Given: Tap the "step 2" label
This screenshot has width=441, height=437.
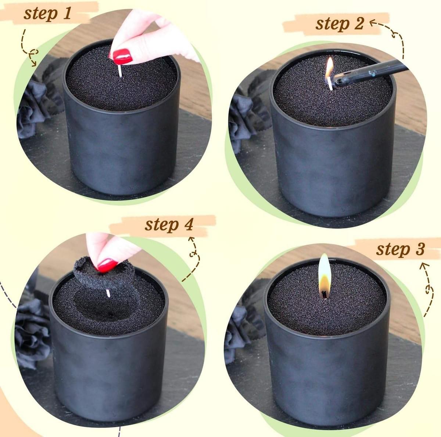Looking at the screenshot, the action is [x=340, y=24].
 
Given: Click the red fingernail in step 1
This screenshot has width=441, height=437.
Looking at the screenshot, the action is [x=122, y=57].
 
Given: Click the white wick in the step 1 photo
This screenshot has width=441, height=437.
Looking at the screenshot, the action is [x=120, y=71].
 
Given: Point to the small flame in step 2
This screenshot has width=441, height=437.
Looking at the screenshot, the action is [x=329, y=68].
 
